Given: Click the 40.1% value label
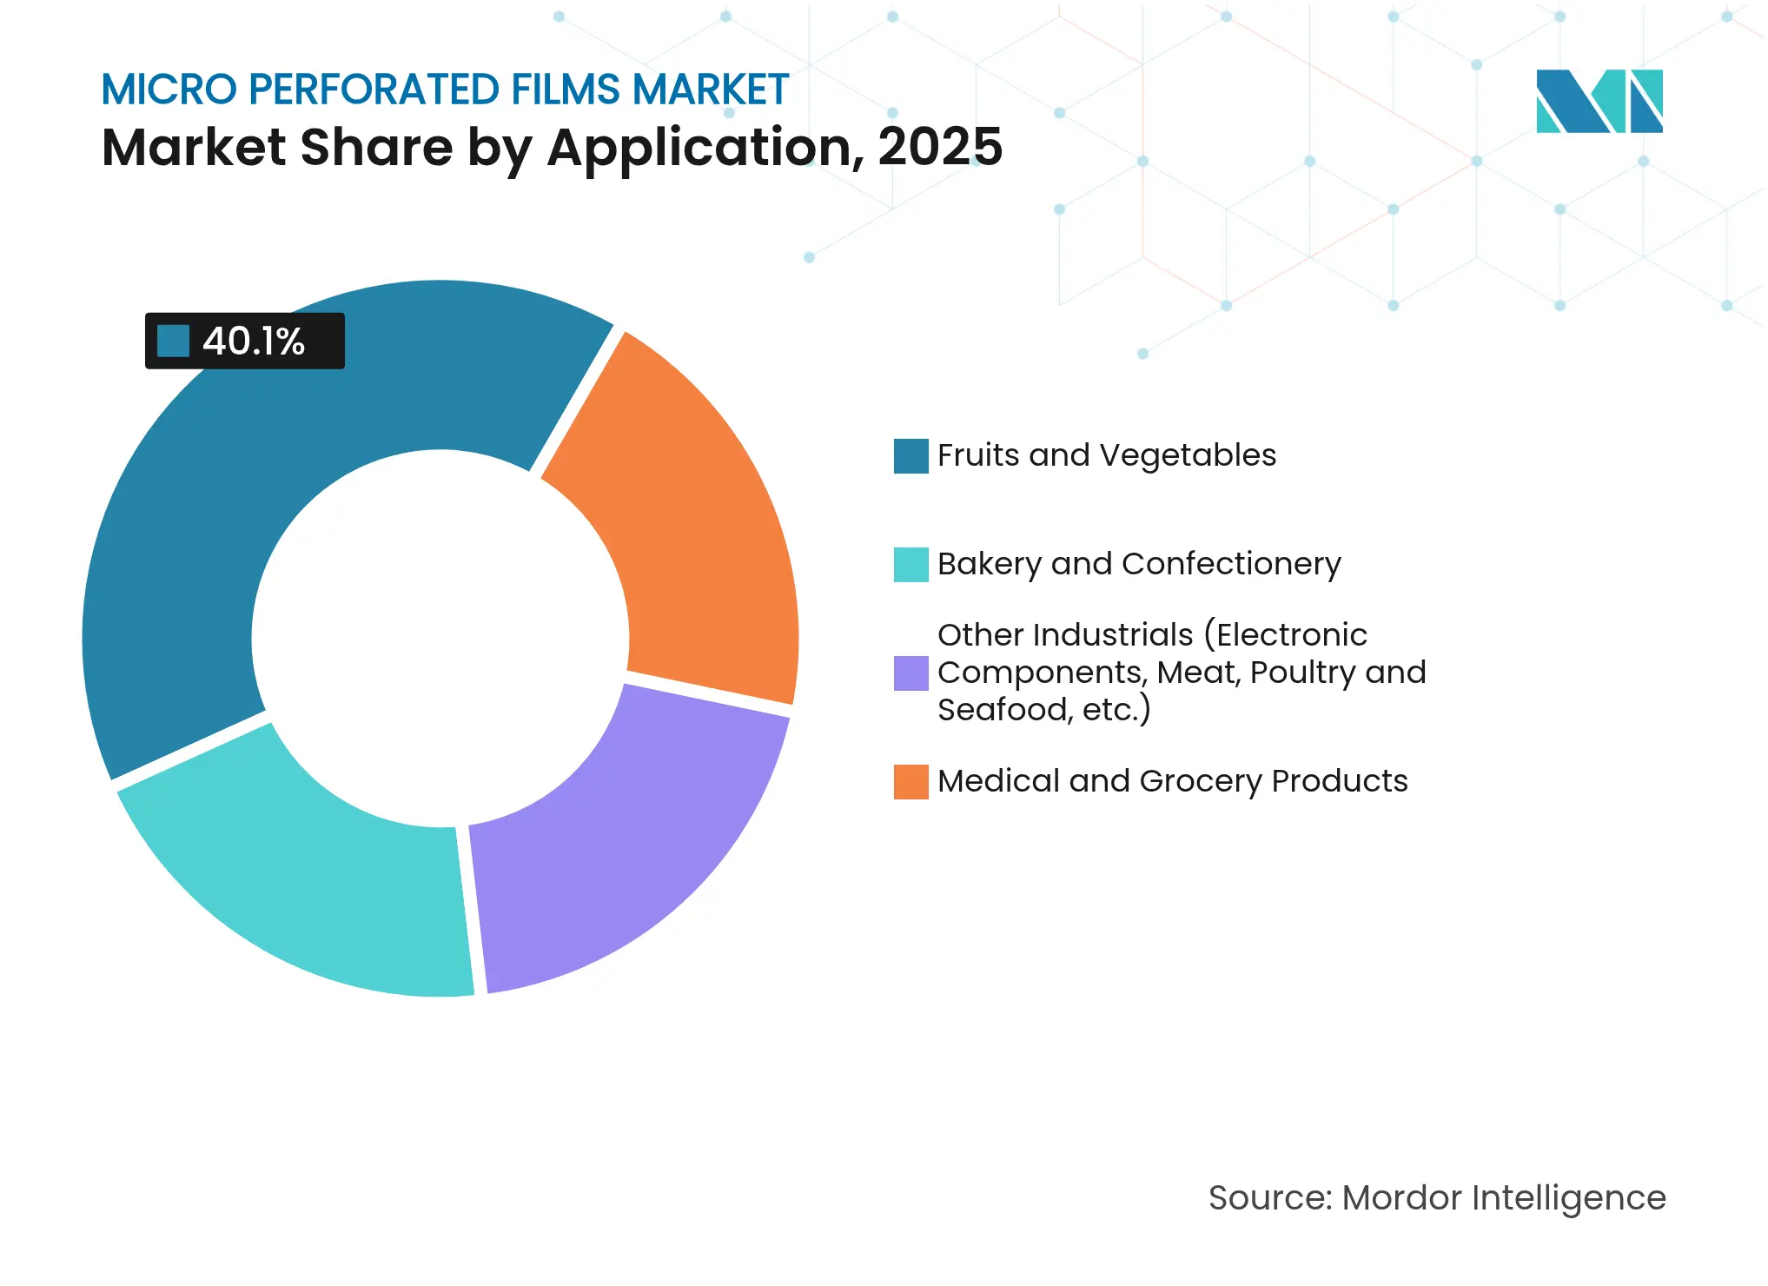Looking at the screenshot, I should [x=254, y=341].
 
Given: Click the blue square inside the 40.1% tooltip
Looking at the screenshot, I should [x=173, y=341].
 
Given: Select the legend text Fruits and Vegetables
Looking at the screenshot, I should [x=1106, y=455].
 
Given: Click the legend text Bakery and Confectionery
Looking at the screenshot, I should [x=1138, y=564].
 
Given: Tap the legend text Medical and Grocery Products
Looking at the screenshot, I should [x=1172, y=781].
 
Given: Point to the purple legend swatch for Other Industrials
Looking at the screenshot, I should [x=910, y=673].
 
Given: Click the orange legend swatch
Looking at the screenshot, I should [x=910, y=782].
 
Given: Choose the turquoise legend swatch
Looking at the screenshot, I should [x=910, y=565].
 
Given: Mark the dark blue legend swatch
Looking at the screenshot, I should [x=910, y=456].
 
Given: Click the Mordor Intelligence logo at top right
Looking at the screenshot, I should [x=1599, y=101].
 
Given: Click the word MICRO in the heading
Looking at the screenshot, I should [x=169, y=89].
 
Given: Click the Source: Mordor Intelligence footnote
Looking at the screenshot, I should [x=1436, y=1197].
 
